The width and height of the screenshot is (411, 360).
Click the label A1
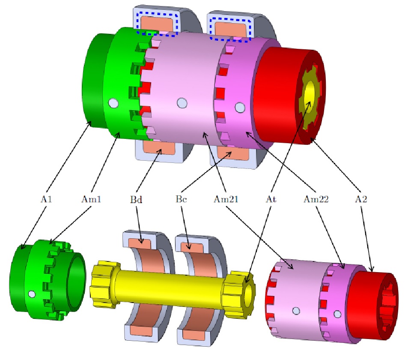coord(46,199)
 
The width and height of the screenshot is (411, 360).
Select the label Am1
coord(91,199)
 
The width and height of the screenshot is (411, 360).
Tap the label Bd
coord(136,199)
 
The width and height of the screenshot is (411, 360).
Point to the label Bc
coord(181,199)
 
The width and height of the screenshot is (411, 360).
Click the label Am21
coord(226,199)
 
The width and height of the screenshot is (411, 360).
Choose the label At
coord(271,199)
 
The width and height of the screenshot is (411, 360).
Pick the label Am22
coord(316,199)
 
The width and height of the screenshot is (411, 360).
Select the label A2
coord(361,199)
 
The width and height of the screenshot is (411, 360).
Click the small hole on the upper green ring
coord(113,103)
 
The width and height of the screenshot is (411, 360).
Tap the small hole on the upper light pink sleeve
coord(182,103)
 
